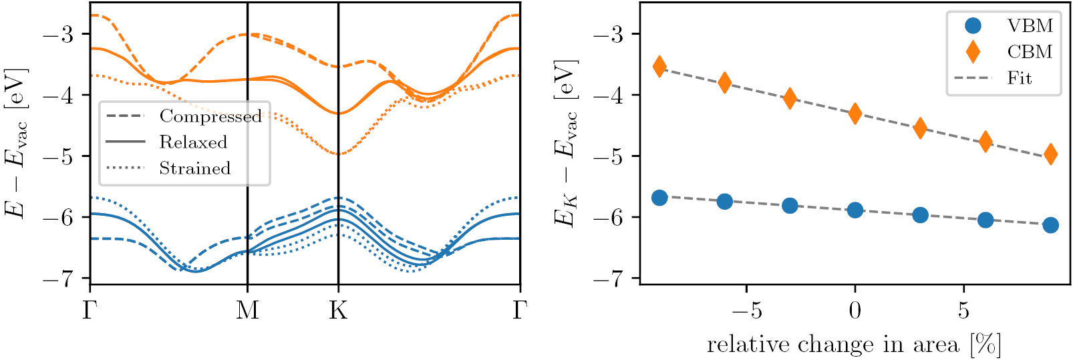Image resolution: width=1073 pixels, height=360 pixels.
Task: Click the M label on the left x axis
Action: pos(248,311)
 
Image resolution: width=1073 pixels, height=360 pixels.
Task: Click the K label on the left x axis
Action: pos(338,311)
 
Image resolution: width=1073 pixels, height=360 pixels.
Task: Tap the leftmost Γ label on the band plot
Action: pos(90,311)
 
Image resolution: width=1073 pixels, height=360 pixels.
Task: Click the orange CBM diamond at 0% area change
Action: pos(855,114)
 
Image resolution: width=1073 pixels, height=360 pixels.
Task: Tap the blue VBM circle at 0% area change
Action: pos(855,210)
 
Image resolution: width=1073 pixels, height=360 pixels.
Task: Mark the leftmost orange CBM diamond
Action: pos(659,66)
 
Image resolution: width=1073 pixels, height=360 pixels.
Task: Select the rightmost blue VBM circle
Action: pos(1050,225)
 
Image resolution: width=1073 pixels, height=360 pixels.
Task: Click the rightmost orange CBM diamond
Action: pos(1050,154)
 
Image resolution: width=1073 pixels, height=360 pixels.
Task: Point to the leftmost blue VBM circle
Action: pos(659,198)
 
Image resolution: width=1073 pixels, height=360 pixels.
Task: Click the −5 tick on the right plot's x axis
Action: pos(746,311)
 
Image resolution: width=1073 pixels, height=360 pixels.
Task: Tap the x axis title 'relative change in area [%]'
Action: pos(854,345)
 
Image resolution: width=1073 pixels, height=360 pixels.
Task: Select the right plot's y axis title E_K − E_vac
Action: pos(565,144)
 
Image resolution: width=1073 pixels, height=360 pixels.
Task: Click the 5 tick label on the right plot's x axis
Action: pos(963,311)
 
